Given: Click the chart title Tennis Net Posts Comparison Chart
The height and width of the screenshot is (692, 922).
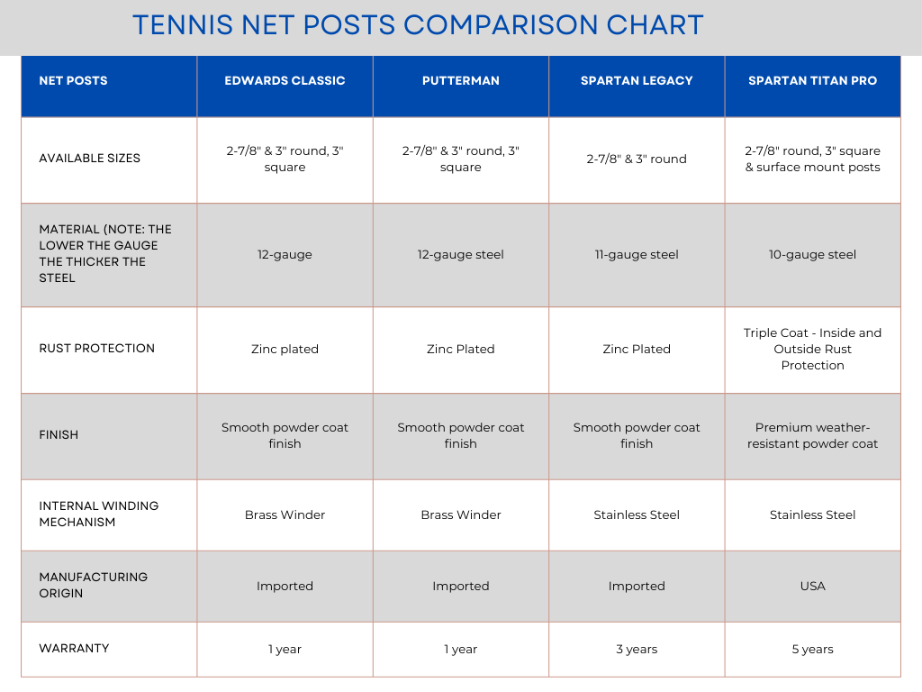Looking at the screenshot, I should pos(418,24).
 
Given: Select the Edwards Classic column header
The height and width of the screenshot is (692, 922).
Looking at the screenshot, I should pos(285,80).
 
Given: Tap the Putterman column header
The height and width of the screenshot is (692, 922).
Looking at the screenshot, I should pos(460,80).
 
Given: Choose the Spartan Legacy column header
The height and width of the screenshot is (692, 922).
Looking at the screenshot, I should pos(637,80).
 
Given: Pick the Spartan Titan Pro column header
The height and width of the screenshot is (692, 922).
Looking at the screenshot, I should pos(812,80).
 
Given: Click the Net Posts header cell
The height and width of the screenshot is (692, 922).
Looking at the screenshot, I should pos(73,80).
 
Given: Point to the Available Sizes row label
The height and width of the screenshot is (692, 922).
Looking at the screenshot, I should pos(90,158).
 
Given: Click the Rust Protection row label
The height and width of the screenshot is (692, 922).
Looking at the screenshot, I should pos(96,348).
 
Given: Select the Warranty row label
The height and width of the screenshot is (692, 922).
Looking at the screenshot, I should pos(74,648).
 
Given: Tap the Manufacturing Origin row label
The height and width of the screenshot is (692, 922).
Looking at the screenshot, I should pos(93,585).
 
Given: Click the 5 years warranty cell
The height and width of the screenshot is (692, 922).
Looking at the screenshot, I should pos(812,649).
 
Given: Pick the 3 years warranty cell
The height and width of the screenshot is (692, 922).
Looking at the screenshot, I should pos(637,649).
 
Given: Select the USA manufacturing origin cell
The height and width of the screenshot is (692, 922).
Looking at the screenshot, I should pos(812,586).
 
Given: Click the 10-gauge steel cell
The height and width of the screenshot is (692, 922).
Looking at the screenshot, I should pos(812,254).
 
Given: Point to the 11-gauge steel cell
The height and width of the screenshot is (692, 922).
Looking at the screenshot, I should pos(637,254).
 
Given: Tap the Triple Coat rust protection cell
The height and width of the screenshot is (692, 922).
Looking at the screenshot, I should pos(812,349).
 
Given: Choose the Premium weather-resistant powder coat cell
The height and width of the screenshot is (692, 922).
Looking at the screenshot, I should pos(812,435).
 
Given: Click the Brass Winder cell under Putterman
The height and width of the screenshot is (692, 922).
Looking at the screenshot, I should pos(460,514).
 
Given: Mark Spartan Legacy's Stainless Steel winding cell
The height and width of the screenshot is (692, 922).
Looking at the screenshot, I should pos(637,514).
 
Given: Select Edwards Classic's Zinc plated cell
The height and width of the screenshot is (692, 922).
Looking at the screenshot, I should pos(285,349).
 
